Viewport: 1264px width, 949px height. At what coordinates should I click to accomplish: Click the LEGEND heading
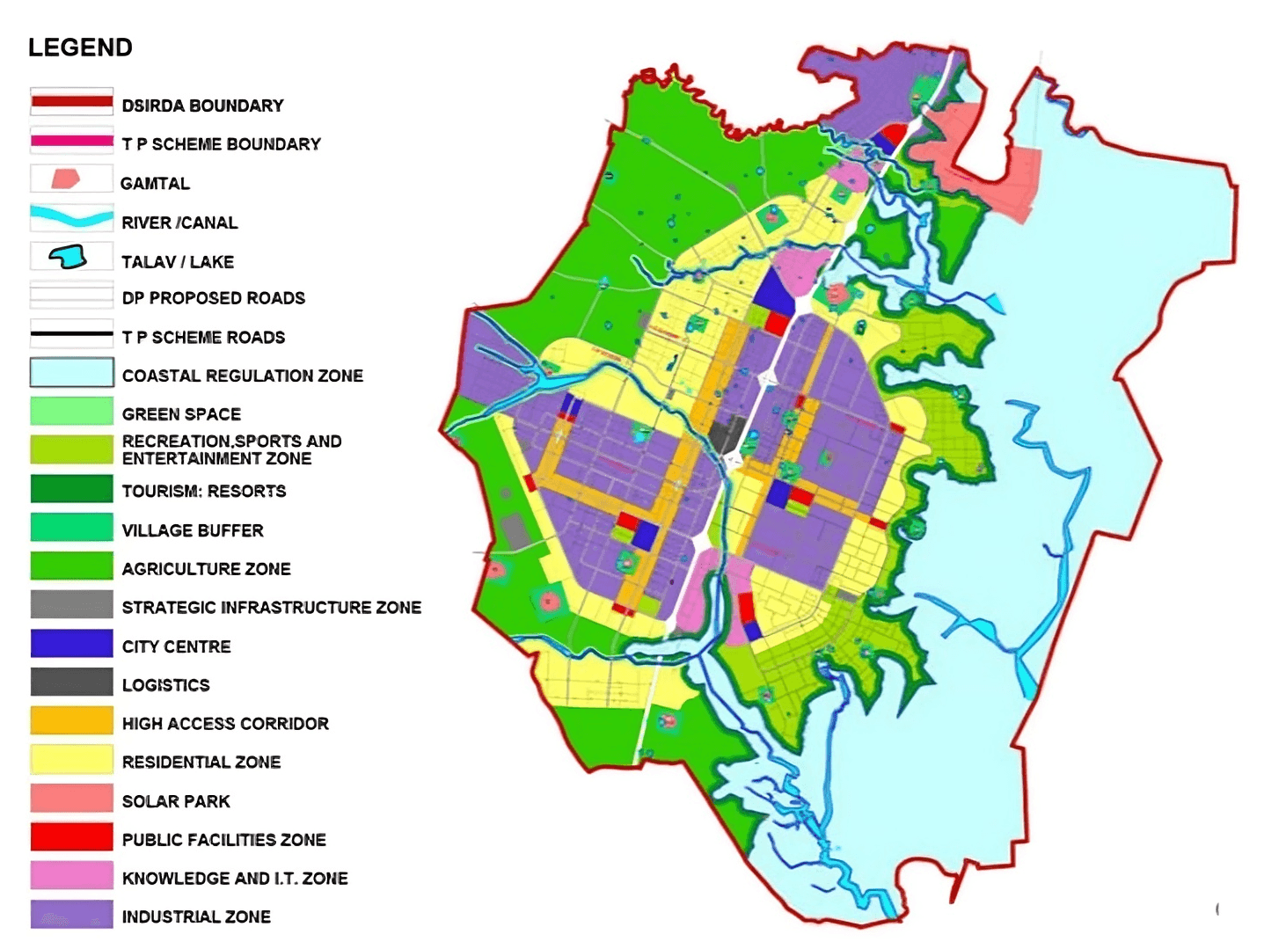pos(80,47)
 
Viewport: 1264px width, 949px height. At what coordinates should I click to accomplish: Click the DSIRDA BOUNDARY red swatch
pos(71,102)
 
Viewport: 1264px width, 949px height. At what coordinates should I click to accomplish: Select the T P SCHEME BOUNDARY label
pos(221,144)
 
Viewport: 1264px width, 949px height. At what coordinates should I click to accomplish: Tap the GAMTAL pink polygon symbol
pos(66,179)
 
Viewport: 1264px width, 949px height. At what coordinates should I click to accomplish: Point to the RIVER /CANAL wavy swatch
pos(71,216)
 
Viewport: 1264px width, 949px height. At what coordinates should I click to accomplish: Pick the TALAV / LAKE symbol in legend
pos(68,257)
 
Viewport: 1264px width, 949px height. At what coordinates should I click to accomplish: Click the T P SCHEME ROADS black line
pos(71,334)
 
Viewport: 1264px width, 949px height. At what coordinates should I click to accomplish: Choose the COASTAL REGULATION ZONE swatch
pos(71,373)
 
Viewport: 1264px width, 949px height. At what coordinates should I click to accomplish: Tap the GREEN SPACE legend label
pos(181,414)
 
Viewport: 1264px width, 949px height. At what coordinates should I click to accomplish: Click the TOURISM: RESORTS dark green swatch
pos(71,489)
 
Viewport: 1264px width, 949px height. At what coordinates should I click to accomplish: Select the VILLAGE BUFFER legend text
pos(193,530)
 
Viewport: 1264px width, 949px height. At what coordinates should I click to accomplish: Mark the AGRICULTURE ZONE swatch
pos(71,566)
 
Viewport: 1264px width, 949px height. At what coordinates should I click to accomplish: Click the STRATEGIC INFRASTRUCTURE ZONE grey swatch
pos(71,605)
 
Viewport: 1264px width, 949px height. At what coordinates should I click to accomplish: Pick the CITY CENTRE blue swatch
pos(71,644)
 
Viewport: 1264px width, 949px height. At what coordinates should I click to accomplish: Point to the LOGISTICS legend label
pos(165,685)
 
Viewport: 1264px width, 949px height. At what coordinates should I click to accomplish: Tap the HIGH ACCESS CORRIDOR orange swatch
pos(71,721)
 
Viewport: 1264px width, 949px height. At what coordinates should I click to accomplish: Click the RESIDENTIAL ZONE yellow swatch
pos(71,760)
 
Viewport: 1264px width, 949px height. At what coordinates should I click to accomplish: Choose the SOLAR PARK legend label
pos(176,801)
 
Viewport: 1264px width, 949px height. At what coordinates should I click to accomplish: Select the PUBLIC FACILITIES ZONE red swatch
pos(71,837)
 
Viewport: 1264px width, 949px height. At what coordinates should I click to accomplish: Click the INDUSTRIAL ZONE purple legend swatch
pos(71,915)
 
